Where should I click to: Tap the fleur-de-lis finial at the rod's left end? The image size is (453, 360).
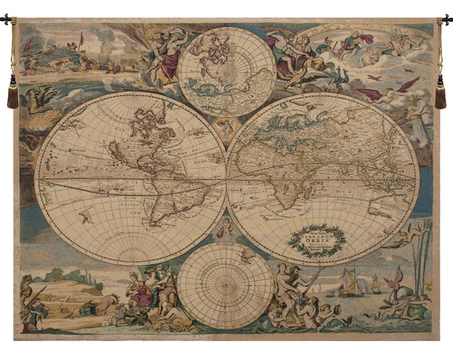click(7, 20)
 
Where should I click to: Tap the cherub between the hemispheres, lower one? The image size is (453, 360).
click(226, 227)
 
